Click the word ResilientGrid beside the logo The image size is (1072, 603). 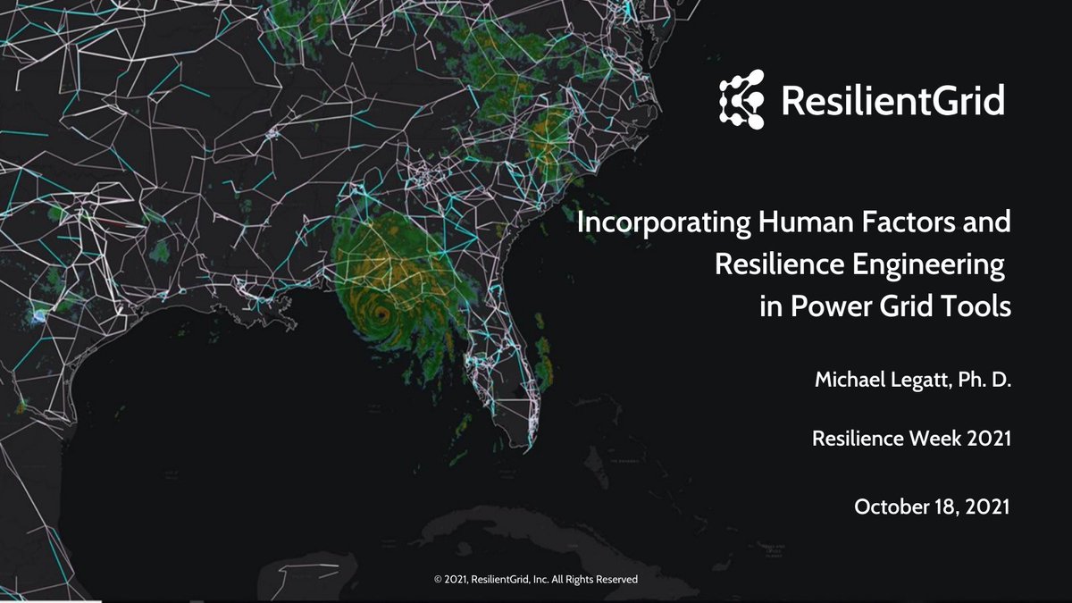[892, 100]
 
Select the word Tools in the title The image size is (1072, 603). [979, 307]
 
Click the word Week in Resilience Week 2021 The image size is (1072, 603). [937, 440]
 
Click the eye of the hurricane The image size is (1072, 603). [382, 314]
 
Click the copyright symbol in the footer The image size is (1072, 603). [438, 580]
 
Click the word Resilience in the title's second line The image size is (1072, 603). [774, 265]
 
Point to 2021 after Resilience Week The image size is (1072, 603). [987, 440]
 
